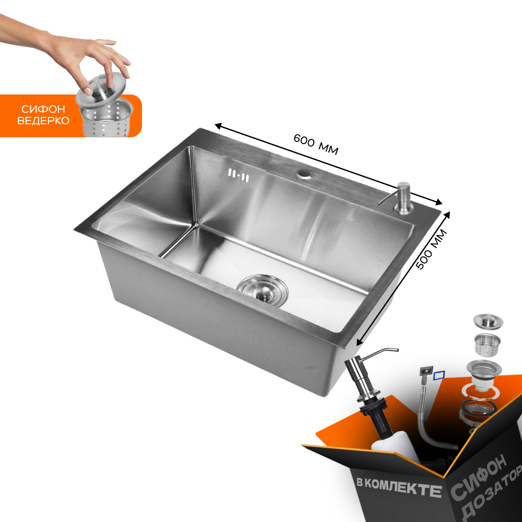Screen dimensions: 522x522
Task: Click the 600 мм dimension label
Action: (316, 145)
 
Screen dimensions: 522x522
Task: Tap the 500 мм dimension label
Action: (431, 249)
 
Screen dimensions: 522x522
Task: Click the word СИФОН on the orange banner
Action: (43, 109)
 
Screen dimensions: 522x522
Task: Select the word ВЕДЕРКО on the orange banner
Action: (43, 121)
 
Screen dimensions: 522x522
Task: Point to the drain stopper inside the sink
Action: (263, 289)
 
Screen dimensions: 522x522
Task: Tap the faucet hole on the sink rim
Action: (305, 174)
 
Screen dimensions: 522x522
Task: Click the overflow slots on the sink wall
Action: (239, 175)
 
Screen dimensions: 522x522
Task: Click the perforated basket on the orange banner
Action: (106, 118)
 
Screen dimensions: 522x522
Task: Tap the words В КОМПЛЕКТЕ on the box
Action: (399, 487)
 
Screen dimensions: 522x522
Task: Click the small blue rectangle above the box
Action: (439, 375)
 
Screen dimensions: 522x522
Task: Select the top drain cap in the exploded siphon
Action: (488, 321)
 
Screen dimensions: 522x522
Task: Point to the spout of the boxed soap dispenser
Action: (379, 353)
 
